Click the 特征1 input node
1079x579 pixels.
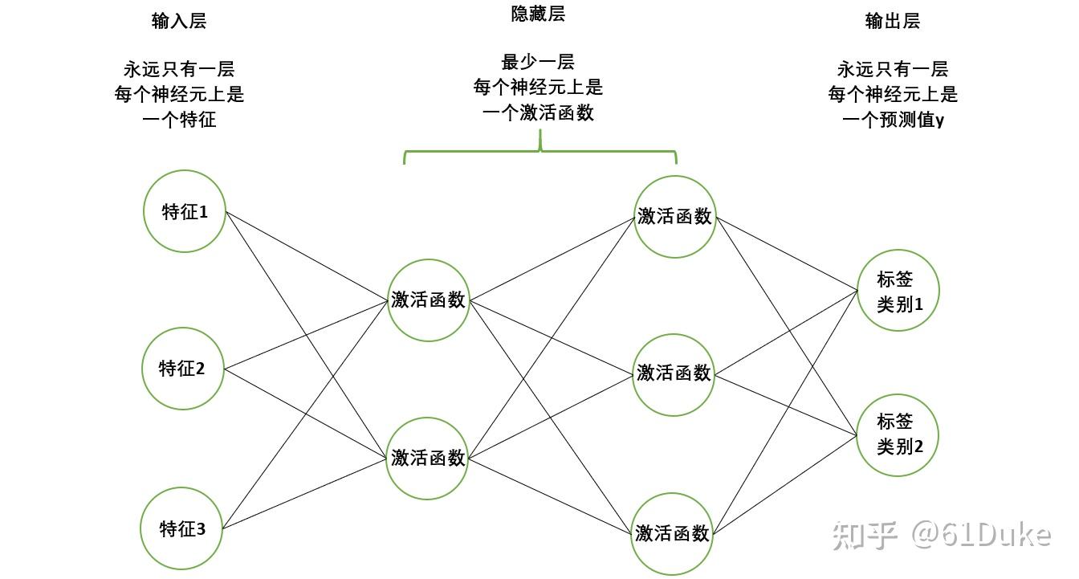[184, 211]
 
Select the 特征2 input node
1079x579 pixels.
[182, 369]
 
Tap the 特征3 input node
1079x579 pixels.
[182, 528]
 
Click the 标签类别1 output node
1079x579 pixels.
[896, 291]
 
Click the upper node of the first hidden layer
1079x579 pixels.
[428, 300]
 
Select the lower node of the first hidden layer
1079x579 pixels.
[427, 458]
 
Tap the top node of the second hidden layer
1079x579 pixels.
[674, 216]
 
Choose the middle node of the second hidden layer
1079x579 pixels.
[673, 373]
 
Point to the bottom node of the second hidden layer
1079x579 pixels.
[672, 533]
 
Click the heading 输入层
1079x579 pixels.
[178, 22]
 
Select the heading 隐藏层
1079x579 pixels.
[538, 14]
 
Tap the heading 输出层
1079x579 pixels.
[892, 22]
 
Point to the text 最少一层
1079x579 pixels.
[538, 62]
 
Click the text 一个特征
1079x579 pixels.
[179, 120]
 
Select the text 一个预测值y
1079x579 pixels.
[893, 120]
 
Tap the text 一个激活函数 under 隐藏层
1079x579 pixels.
[538, 113]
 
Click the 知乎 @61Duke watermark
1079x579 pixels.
[941, 534]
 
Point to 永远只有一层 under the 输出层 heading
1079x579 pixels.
[893, 69]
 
